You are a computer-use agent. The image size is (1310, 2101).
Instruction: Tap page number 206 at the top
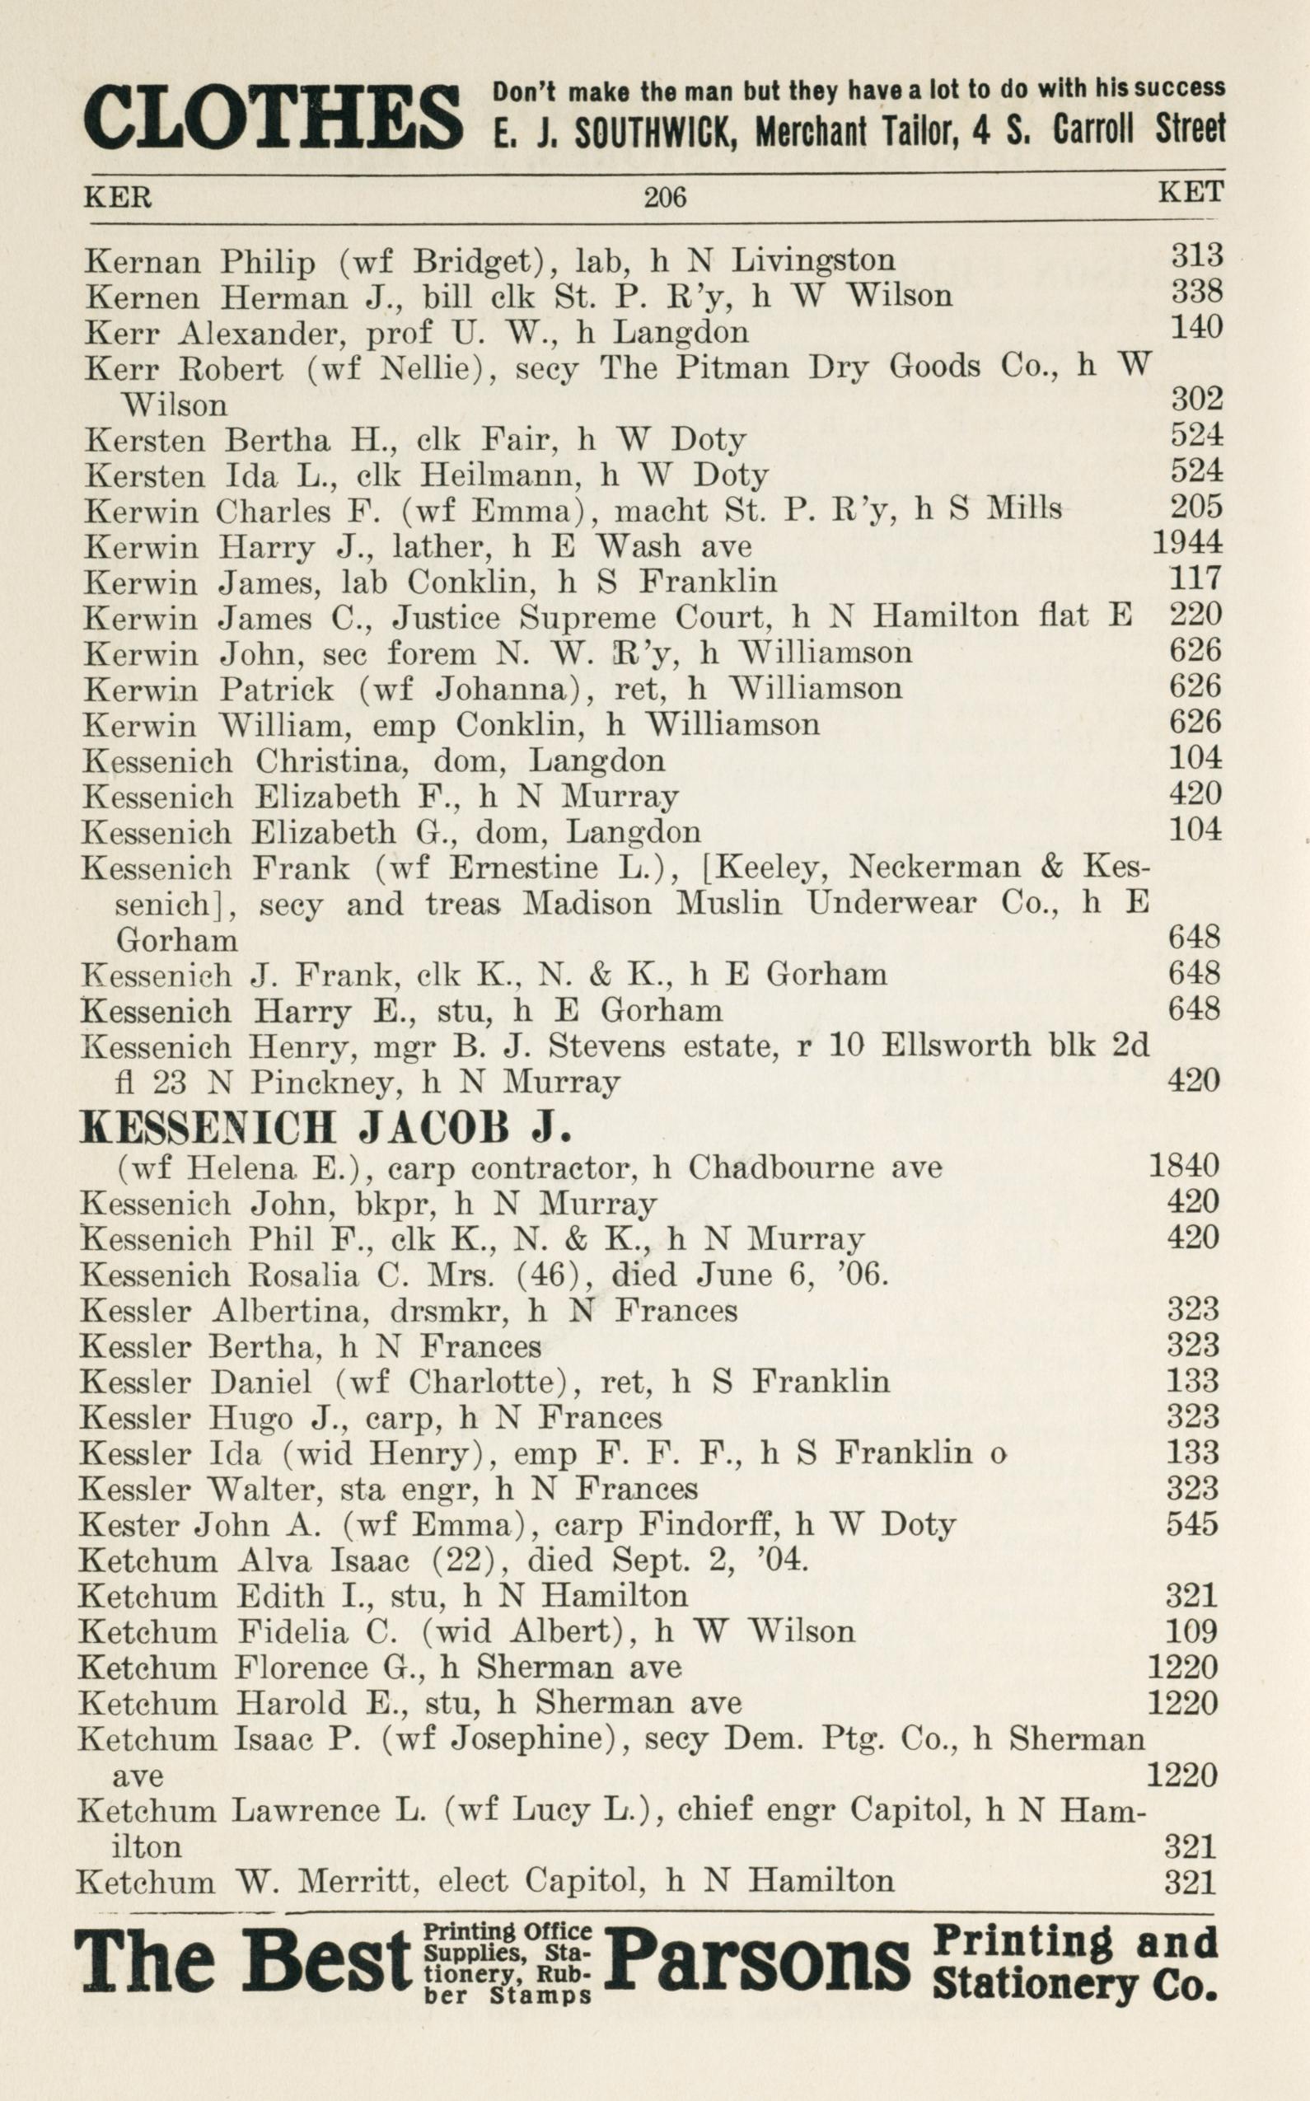click(665, 198)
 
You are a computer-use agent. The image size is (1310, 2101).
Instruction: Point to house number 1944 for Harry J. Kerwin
click(1187, 542)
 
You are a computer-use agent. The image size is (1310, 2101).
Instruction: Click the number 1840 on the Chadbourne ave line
click(1183, 1165)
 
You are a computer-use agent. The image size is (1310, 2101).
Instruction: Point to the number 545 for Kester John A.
click(1192, 1523)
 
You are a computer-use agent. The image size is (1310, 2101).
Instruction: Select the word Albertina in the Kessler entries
click(268, 1310)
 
